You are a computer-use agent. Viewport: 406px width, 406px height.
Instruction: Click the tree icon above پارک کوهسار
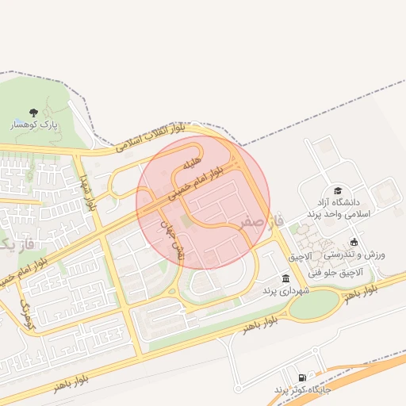coord(33,113)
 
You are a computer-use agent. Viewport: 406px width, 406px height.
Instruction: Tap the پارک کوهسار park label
coord(33,126)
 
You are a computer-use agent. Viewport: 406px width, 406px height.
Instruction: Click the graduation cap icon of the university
coord(339,191)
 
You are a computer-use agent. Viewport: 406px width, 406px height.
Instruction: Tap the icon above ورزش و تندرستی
coord(354,242)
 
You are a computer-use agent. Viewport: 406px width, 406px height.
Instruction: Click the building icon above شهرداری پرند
coord(285,278)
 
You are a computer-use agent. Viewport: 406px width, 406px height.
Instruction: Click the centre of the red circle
coord(204,202)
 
